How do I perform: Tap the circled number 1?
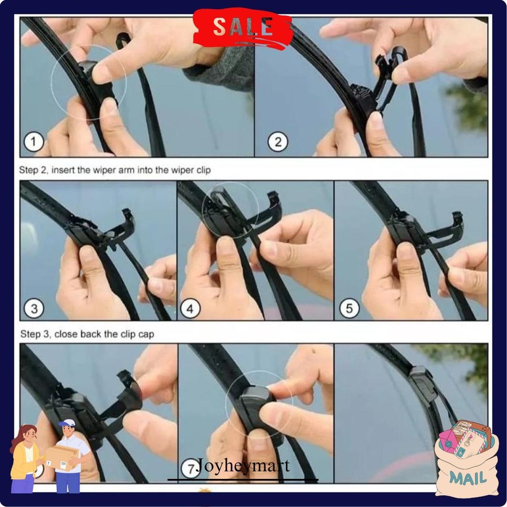[x=34, y=143]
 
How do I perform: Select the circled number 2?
[x=278, y=143]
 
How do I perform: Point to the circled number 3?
[x=34, y=309]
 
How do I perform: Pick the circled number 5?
[x=349, y=309]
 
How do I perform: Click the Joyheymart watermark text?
[x=243, y=466]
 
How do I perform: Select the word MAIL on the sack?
[x=468, y=478]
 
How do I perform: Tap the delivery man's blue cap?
[x=67, y=423]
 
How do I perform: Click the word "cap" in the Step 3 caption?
[x=147, y=335]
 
